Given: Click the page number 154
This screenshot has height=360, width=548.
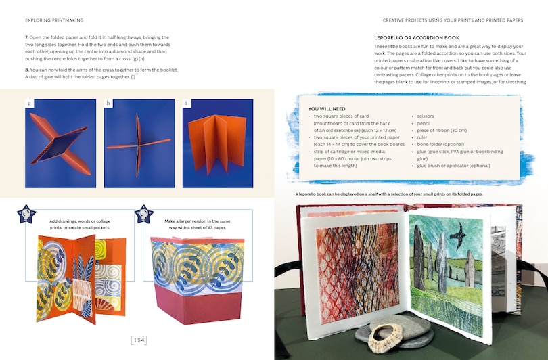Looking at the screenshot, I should [x=139, y=340].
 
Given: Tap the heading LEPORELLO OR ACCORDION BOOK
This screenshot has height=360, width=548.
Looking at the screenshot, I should [x=416, y=37].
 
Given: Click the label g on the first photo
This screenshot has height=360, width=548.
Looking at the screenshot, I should [x=29, y=104].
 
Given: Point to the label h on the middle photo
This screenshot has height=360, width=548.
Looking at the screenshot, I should [x=108, y=104].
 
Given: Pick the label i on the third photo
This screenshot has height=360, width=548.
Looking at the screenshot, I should [x=187, y=104].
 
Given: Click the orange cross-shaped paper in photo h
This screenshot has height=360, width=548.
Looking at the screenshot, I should [x=139, y=143].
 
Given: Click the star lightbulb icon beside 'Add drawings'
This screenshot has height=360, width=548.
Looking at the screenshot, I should [x=26, y=215].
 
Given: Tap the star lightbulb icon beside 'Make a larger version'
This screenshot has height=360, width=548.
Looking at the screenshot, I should [x=143, y=215].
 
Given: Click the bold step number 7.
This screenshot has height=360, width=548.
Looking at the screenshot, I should [x=26, y=37].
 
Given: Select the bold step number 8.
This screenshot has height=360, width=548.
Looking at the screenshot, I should [x=26, y=70].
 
